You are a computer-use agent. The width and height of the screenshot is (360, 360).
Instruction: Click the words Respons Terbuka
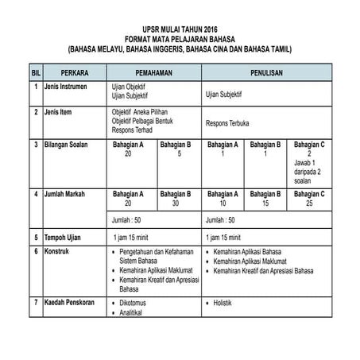coord(230,125)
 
